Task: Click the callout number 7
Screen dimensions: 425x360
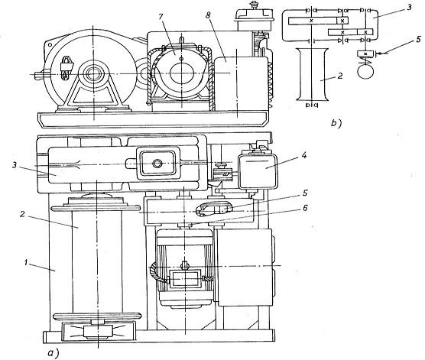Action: point(161,17)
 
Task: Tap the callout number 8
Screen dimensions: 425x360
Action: point(208,15)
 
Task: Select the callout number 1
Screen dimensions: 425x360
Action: point(26,262)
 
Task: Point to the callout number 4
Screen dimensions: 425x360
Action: point(304,155)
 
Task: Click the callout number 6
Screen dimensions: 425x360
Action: point(305,208)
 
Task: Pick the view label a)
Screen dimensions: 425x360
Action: point(53,352)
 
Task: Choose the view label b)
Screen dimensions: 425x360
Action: point(336,123)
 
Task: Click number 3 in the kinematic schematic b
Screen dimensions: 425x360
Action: point(409,7)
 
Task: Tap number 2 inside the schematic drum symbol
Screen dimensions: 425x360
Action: point(339,76)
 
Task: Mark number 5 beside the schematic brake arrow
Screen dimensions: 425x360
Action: point(418,40)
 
